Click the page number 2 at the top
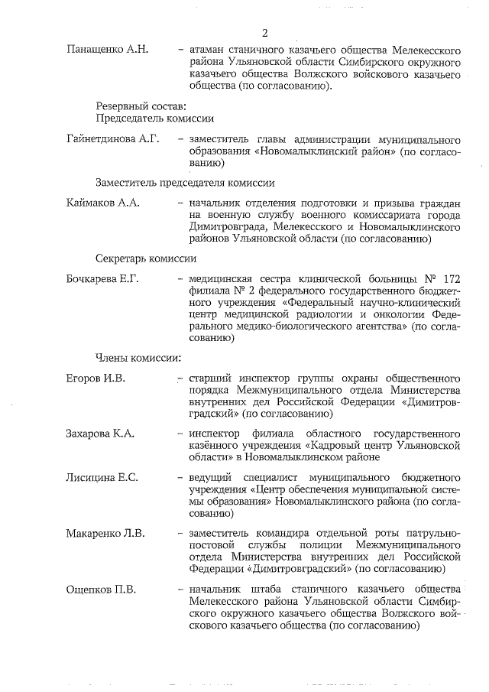(x=264, y=33)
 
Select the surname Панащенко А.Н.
(x=106, y=50)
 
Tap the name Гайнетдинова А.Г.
(x=112, y=140)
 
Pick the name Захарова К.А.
(x=100, y=434)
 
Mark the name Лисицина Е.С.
(x=102, y=478)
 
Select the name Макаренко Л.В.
(x=105, y=533)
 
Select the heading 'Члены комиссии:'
(x=138, y=357)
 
